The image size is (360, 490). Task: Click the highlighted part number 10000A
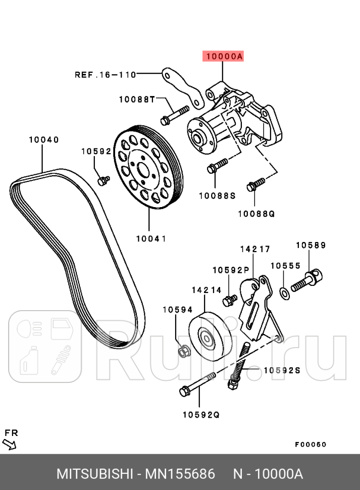click(x=223, y=57)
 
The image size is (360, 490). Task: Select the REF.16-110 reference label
click(x=106, y=75)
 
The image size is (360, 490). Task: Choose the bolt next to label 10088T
click(x=174, y=114)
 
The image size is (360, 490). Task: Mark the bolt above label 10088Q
click(x=256, y=184)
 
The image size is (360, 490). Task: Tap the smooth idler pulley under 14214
click(x=210, y=337)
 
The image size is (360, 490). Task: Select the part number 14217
click(x=254, y=249)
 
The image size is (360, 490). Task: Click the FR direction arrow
click(x=10, y=444)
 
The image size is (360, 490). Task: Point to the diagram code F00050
click(x=311, y=445)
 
